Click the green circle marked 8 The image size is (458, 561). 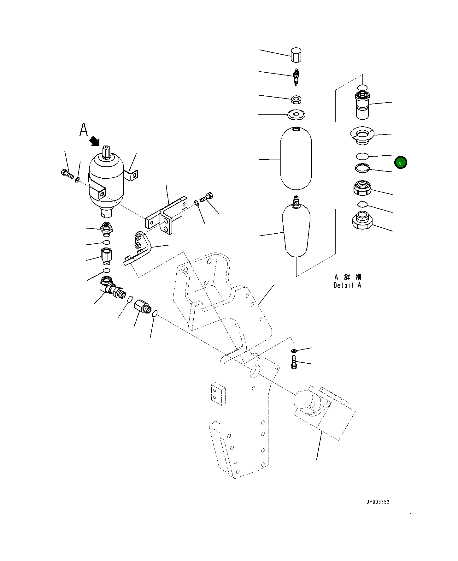pos(400,163)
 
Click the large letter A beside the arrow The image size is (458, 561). pos(83,130)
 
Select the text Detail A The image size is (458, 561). pos(347,285)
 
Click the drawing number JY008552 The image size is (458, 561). pos(378,502)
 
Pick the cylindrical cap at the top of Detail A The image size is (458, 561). pos(296,55)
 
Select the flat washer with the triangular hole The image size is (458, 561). pos(296,114)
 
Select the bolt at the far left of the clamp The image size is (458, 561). pos(67,173)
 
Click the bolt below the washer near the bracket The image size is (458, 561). pos(293,361)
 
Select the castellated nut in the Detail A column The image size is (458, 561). pos(362,188)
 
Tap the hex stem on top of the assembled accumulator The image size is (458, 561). pos(106,152)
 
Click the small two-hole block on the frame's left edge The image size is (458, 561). pos(218,394)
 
